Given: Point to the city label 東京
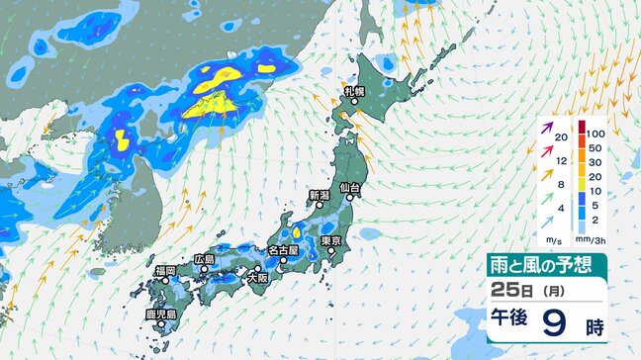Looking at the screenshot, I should (331, 241).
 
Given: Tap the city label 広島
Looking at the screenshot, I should (204, 258).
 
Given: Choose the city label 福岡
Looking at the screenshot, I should (164, 270).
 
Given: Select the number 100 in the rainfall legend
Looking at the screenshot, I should (596, 132).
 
